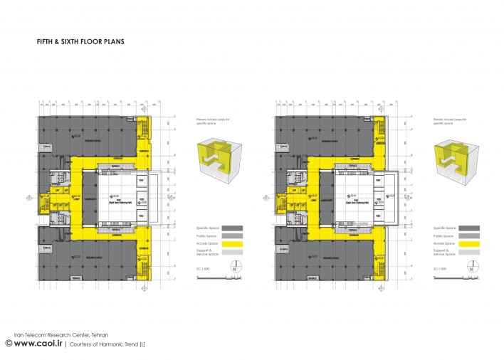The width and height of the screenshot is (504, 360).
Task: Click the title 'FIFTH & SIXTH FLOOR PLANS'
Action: (x=81, y=42)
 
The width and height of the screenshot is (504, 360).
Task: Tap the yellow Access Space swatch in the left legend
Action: (x=232, y=243)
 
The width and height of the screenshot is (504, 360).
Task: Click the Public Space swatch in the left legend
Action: (x=232, y=235)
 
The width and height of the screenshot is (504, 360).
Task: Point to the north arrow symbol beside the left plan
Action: (x=234, y=269)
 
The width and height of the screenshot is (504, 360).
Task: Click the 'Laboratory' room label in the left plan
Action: (x=92, y=200)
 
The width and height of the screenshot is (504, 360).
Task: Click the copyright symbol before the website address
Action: (x=9, y=343)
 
